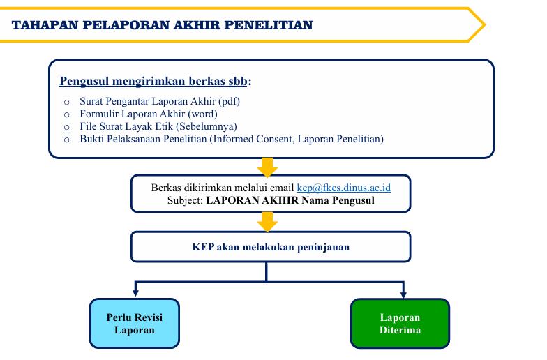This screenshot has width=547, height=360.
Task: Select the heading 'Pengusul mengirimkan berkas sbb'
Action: tap(153, 81)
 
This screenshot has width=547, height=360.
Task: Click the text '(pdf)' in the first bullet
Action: tap(229, 102)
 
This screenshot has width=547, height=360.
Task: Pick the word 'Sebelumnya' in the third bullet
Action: tap(207, 126)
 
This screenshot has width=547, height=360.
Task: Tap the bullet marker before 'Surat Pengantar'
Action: tap(67, 102)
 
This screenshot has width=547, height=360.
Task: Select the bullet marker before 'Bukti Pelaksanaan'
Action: tap(67, 140)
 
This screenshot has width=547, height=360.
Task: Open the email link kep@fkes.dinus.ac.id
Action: tap(343, 188)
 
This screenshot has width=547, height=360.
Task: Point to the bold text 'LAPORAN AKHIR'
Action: tap(253, 200)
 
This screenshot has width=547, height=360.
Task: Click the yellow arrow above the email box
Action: tap(267, 167)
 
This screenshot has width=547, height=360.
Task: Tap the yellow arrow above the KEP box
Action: tap(267, 222)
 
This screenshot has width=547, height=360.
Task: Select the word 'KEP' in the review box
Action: tap(203, 247)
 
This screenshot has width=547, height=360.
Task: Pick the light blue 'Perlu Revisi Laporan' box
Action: tap(135, 324)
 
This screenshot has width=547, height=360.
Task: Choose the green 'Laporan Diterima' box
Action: tap(400, 324)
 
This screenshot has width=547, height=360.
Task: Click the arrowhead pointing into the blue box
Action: tap(135, 293)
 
